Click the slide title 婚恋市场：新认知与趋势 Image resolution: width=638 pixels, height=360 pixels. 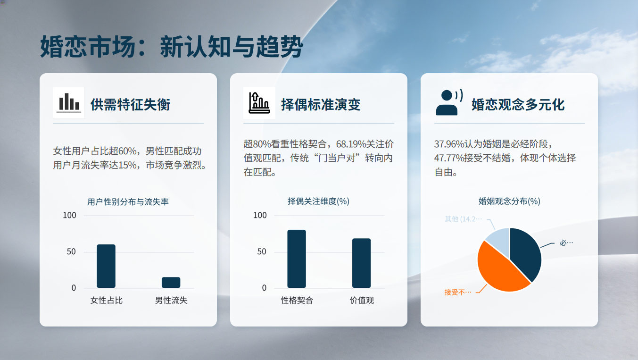coord(171,46)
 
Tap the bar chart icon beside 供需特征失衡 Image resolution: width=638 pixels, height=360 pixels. coord(69,102)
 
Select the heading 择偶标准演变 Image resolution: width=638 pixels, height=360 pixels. coord(321,105)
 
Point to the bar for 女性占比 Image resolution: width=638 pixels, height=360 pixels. coord(106,266)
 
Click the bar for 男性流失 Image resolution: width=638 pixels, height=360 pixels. coord(171,283)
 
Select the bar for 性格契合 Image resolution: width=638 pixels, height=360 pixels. coord(297,259)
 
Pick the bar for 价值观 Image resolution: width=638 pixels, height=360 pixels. coord(361,263)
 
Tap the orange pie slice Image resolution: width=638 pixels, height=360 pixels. coord(498,271)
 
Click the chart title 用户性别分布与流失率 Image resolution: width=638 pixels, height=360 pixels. coord(128,202)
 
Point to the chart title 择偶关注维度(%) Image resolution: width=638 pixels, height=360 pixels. coord(318,201)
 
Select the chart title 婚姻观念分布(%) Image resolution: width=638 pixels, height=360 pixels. coord(509,201)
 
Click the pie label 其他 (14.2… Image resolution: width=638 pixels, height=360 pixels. coord(464,219)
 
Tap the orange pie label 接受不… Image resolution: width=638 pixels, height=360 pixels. coord(458,292)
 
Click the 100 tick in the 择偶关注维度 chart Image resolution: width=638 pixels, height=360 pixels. coord(260,215)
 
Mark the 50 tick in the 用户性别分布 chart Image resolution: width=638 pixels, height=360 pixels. coord(71,251)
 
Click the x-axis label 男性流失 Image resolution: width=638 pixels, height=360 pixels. coord(171,300)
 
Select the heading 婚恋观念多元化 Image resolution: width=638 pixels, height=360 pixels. coord(518,105)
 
